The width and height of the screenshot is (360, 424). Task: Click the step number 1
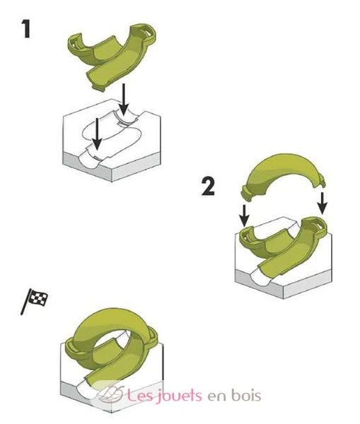[25, 29]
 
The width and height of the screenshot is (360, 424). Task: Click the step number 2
[208, 187]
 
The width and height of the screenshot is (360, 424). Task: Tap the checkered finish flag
[35, 301]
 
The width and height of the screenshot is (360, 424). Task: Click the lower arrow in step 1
[97, 134]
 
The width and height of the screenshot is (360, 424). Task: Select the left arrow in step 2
[245, 216]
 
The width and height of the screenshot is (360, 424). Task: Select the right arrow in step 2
[322, 204]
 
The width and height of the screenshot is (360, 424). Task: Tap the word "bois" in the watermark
[246, 395]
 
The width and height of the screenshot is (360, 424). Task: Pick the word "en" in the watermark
[216, 397]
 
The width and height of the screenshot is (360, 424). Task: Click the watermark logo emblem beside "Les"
[111, 394]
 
